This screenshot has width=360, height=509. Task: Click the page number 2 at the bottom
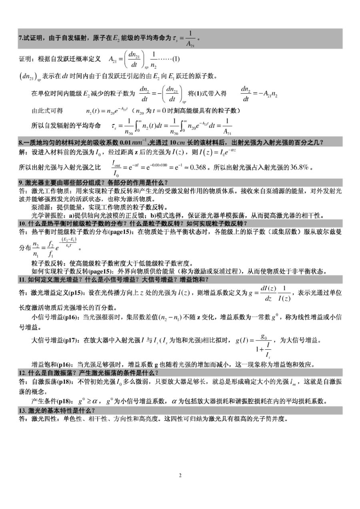click(180, 475)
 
